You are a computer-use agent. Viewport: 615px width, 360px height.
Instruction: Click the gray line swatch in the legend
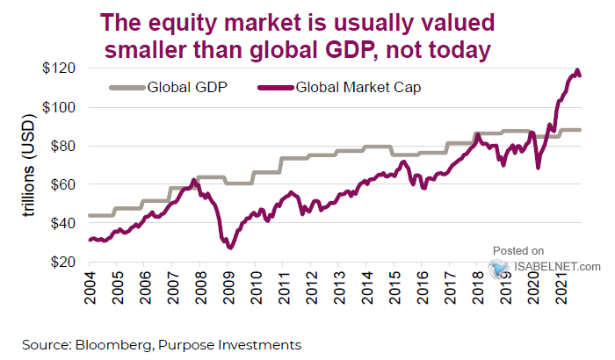(x=127, y=87)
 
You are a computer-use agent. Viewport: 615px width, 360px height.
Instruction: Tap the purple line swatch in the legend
(x=276, y=87)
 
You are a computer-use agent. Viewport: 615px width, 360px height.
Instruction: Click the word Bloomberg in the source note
(x=106, y=344)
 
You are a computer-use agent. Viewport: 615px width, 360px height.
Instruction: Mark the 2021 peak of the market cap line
(x=577, y=70)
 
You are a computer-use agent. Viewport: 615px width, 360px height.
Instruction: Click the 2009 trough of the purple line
(x=230, y=248)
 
